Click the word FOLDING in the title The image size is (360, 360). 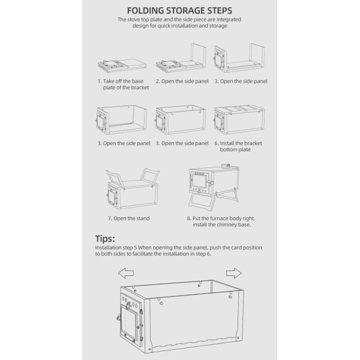145,11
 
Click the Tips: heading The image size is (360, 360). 105,239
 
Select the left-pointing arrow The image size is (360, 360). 126,273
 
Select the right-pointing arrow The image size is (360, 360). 234,273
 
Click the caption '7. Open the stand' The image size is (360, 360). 129,218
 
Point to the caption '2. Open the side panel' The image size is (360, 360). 182,81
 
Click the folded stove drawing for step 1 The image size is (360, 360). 122,65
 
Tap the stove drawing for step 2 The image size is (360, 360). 181,58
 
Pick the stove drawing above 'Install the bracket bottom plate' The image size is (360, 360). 239,119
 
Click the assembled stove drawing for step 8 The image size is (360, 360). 214,187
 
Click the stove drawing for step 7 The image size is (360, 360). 133,188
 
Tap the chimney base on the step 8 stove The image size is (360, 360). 226,165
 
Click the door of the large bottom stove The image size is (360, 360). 130,322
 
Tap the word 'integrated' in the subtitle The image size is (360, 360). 229,20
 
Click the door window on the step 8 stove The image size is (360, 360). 199,181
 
